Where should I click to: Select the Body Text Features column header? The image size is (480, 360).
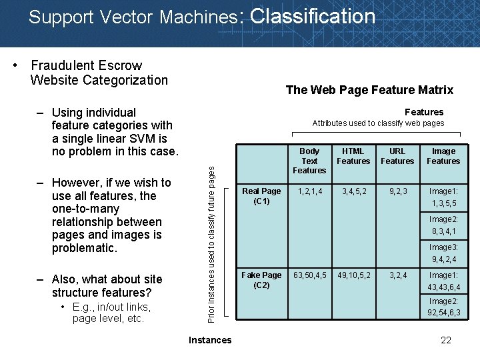click(x=309, y=161)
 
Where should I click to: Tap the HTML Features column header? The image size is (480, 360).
click(x=353, y=156)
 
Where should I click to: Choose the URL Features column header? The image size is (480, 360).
click(x=397, y=156)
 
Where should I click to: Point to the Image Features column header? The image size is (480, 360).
click(x=443, y=156)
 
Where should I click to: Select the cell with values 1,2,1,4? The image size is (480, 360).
click(x=310, y=191)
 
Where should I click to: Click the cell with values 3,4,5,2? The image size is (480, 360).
click(x=354, y=191)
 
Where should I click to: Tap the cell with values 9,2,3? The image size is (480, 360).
click(x=398, y=191)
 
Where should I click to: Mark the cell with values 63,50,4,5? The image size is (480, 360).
click(x=310, y=275)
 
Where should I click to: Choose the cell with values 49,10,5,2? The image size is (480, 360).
click(x=354, y=275)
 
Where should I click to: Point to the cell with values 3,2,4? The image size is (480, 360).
click(x=398, y=275)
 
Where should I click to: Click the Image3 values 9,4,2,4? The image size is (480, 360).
click(x=444, y=260)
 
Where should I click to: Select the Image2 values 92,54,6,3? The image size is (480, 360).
click(x=444, y=313)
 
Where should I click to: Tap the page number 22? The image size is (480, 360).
click(x=446, y=341)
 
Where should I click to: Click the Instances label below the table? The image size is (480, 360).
click(x=210, y=341)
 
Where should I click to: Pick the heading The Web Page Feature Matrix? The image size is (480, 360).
click(x=369, y=90)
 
